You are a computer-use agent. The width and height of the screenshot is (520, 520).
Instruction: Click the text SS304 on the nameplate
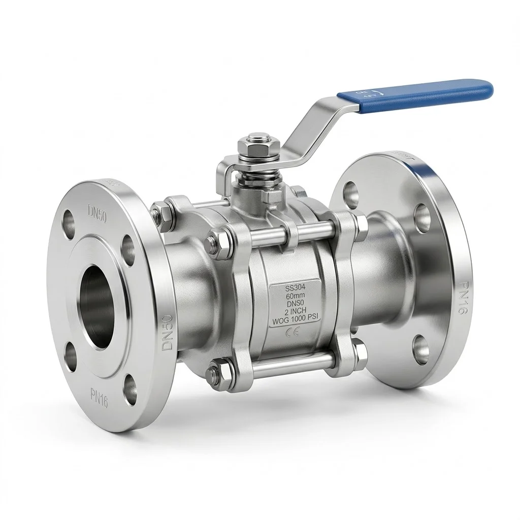coord(294,287)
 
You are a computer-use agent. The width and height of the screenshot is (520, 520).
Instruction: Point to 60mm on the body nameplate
coord(294,296)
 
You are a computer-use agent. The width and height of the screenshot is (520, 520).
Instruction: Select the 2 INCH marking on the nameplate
coord(294,312)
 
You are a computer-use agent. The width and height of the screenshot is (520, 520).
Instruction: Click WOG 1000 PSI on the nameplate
coord(294,320)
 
